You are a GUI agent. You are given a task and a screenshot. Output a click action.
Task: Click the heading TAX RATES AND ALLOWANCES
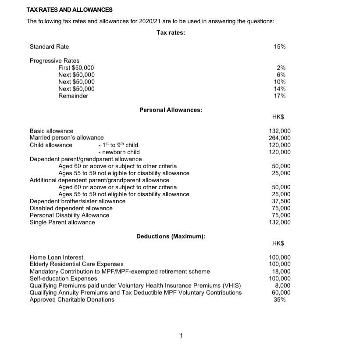click(x=69, y=10)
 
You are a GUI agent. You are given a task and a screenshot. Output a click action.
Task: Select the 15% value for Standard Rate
click(x=279, y=47)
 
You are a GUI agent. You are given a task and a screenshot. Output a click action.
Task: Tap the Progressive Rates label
click(x=54, y=61)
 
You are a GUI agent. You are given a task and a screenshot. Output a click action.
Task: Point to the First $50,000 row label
click(x=76, y=68)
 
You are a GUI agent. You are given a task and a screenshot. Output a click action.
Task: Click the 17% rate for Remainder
click(x=279, y=96)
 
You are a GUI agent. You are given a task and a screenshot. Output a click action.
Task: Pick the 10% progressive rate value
click(x=279, y=82)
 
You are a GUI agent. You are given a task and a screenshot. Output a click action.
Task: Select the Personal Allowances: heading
click(x=171, y=110)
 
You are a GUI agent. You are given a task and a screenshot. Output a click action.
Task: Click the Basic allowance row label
click(x=51, y=131)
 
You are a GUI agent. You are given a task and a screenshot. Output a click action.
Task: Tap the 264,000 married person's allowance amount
click(x=279, y=138)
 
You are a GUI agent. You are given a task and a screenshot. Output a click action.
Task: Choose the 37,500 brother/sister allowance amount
click(x=281, y=201)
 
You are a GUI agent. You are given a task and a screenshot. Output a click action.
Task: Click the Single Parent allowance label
click(x=62, y=222)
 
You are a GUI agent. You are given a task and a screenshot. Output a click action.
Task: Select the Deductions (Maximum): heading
click(x=171, y=236)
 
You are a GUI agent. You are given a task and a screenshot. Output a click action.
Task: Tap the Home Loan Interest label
click(x=56, y=258)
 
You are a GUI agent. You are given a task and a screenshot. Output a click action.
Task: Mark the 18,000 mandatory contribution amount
click(x=281, y=272)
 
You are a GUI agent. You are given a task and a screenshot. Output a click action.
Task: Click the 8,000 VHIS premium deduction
click(x=282, y=286)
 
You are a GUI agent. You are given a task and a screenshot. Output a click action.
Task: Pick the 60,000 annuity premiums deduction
click(x=281, y=293)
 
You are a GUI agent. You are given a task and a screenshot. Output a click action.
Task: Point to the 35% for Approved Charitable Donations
click(x=279, y=300)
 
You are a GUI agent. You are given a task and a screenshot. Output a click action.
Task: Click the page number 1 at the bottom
click(x=181, y=336)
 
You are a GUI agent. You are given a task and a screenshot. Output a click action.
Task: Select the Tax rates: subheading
click(x=171, y=32)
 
